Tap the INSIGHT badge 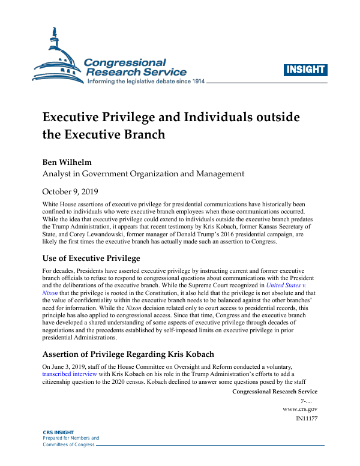pyautogui.click(x=305, y=70)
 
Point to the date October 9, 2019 pyautogui.click(x=70, y=192)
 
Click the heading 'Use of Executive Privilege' pyautogui.click(x=91, y=258)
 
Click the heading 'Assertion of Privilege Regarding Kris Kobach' pyautogui.click(x=128, y=354)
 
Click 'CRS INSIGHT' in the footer pyautogui.click(x=59, y=432)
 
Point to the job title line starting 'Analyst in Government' pyautogui.click(x=143, y=174)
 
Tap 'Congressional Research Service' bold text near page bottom pyautogui.click(x=274, y=392)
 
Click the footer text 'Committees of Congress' pyautogui.click(x=68, y=444)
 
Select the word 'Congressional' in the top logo pyautogui.click(x=124, y=62)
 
